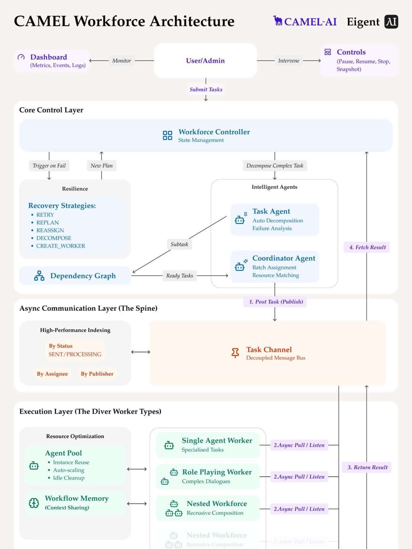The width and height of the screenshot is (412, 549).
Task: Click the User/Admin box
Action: (x=205, y=61)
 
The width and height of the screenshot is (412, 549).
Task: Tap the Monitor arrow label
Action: (x=121, y=61)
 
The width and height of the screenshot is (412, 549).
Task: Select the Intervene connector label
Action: (x=288, y=61)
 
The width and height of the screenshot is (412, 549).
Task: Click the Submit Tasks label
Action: (x=206, y=90)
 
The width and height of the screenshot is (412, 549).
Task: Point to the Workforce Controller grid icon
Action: (x=167, y=135)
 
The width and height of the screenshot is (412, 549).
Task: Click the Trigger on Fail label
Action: (x=49, y=166)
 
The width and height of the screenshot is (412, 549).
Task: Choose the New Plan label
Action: (x=101, y=166)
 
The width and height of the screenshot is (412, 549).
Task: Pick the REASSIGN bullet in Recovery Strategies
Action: (x=50, y=230)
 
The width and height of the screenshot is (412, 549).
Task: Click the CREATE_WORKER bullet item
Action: (x=61, y=246)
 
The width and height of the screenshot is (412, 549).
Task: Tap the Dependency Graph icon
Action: (x=39, y=276)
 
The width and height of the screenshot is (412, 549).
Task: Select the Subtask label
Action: (x=179, y=244)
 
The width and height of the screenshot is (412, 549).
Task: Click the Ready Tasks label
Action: (x=179, y=276)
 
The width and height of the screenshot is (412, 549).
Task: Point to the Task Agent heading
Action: (x=271, y=211)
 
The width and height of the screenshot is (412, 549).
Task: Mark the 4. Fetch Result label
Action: (x=367, y=247)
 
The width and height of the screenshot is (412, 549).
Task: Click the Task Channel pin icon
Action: (x=235, y=353)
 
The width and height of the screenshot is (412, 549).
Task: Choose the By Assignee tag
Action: (x=52, y=374)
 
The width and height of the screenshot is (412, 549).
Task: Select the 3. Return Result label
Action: (x=367, y=467)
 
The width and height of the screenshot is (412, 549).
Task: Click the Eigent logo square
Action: (x=391, y=22)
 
